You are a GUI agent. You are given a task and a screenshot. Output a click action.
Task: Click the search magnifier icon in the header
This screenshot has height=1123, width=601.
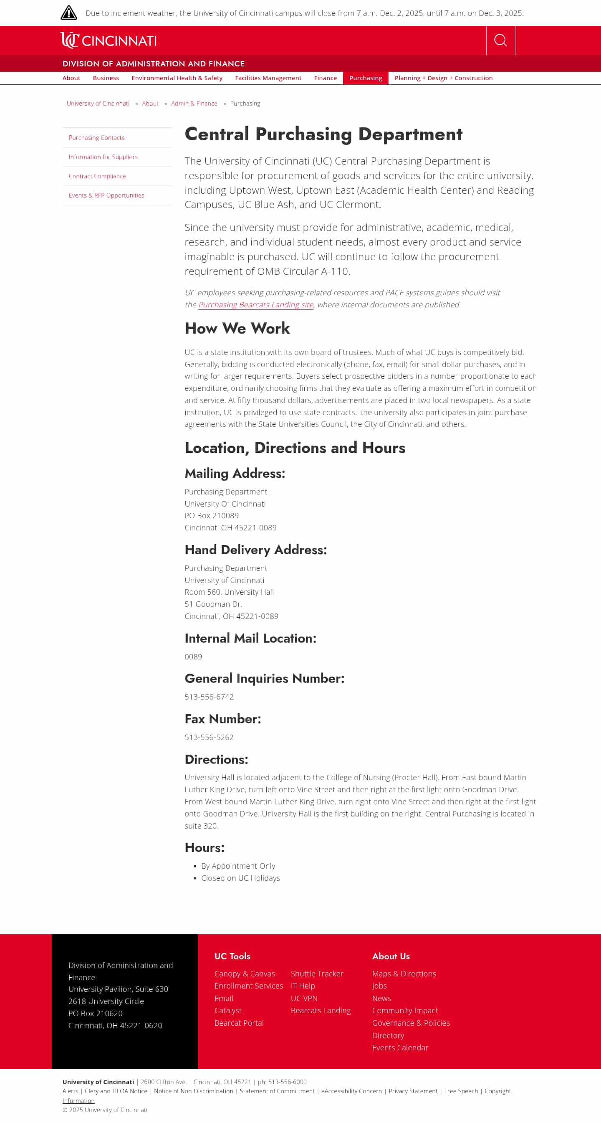[x=500, y=41]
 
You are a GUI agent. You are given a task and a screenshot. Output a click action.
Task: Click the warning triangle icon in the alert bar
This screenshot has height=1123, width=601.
[x=69, y=13]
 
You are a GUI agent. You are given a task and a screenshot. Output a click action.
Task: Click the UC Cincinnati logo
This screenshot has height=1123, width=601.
[x=109, y=41]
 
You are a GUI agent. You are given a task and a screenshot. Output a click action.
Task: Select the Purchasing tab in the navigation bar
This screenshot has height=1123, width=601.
[x=365, y=78]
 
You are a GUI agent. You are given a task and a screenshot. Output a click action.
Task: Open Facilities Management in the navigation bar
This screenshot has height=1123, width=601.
[x=268, y=78]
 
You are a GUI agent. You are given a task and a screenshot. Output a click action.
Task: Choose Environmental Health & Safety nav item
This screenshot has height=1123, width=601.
[x=177, y=78]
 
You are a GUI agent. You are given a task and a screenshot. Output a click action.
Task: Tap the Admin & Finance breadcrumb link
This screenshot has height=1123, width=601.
[x=194, y=103]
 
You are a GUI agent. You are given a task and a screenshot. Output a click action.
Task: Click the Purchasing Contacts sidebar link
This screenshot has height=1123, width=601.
[x=96, y=138]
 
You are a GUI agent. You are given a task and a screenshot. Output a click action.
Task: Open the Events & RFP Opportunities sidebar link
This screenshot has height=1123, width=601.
[x=106, y=195]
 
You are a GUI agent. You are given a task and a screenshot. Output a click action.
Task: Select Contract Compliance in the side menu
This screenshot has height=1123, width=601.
[x=97, y=176]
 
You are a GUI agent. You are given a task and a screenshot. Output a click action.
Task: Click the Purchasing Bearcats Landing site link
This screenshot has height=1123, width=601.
[x=256, y=305]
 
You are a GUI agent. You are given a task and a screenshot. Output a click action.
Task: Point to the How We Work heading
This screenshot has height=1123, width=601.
[x=237, y=328]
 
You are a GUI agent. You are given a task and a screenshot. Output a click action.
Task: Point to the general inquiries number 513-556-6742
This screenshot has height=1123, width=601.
[x=209, y=697]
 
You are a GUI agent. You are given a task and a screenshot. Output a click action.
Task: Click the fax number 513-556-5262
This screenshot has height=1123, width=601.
[x=209, y=737]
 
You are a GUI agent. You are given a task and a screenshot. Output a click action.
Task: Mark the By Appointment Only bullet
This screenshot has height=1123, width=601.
[x=238, y=866]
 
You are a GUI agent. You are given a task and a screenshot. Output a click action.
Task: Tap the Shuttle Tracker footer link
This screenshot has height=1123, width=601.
[x=317, y=973]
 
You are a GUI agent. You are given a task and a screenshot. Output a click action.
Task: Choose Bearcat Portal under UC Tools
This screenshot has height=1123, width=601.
[x=239, y=1023]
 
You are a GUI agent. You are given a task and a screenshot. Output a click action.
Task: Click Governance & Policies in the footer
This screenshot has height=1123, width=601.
[x=411, y=1023]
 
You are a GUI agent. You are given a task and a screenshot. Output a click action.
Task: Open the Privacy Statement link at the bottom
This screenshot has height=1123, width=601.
[x=413, y=1091]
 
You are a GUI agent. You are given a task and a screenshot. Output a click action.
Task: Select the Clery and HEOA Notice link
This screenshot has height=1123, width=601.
[x=116, y=1091]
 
